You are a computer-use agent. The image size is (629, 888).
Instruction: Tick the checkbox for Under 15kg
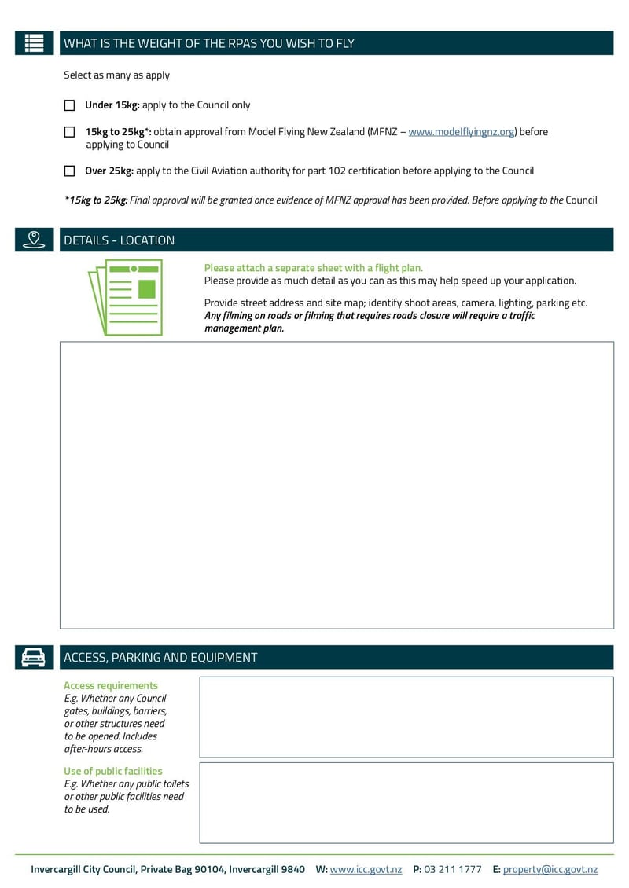(x=69, y=105)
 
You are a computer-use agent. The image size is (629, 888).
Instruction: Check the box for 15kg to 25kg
(x=69, y=132)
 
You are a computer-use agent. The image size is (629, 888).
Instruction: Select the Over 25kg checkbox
(x=69, y=171)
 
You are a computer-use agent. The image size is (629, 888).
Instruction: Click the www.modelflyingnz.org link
(x=461, y=132)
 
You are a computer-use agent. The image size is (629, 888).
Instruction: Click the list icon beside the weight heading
(x=34, y=43)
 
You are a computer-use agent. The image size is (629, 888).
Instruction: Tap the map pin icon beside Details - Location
(x=34, y=240)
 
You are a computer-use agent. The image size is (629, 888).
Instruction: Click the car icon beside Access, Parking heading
(x=34, y=657)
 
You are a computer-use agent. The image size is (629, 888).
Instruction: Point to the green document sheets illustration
(x=126, y=297)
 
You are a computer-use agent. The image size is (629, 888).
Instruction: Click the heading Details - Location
(x=120, y=240)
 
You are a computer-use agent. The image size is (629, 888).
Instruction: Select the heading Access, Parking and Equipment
(x=160, y=658)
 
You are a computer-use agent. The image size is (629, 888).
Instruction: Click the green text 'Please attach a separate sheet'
(x=313, y=268)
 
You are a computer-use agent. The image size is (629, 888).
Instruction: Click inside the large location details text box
(x=337, y=485)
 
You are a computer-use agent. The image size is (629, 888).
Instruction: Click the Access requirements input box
(x=406, y=717)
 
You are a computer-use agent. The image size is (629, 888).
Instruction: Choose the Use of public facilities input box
(x=406, y=802)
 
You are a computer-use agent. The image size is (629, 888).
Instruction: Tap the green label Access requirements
(x=111, y=685)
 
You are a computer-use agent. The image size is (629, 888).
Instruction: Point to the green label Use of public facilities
(x=113, y=771)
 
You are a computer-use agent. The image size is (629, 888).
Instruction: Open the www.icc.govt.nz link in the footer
(x=366, y=869)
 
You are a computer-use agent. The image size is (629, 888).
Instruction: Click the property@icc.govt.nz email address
(x=550, y=869)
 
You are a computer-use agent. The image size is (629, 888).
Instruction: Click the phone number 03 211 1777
(x=452, y=869)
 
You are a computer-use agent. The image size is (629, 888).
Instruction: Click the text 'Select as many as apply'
(x=116, y=75)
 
